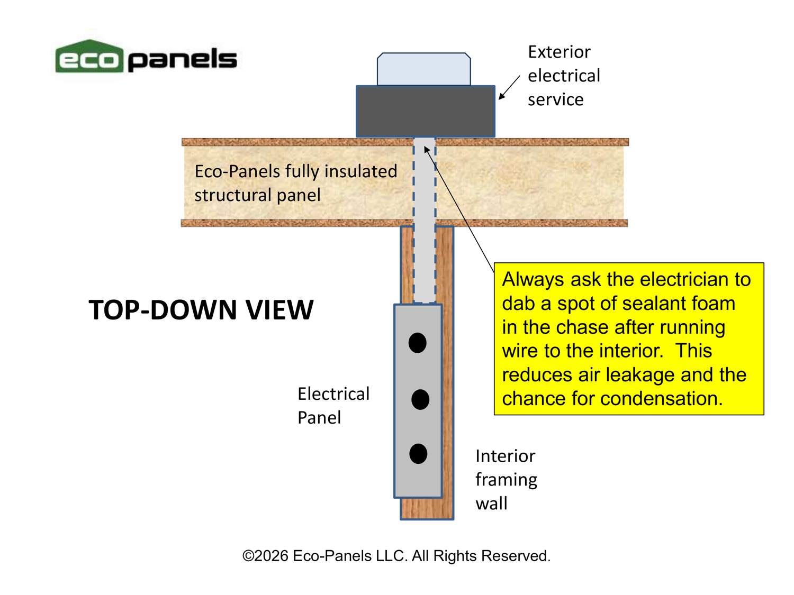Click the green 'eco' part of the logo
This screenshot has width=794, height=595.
pos(89,58)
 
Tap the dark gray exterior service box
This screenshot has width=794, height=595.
pos(425,112)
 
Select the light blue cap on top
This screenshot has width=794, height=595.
pos(424,69)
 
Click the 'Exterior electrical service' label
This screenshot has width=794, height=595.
pos(563,76)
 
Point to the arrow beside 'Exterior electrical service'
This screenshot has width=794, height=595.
pos(509,88)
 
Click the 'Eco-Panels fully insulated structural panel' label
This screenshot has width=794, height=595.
pos(295,183)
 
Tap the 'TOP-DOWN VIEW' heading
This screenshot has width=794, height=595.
pos(201,310)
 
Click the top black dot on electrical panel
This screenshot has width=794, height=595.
pos(418,343)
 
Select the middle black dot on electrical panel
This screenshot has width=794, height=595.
pos(420,399)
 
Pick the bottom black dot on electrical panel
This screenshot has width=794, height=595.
pos(418,454)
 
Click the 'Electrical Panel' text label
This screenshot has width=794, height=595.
pos(333,406)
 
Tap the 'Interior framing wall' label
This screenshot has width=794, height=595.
pos(506,479)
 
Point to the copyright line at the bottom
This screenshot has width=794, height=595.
pos(396,556)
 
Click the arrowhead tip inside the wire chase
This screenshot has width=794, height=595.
pos(425,149)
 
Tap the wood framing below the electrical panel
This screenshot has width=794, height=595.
pos(427,508)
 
